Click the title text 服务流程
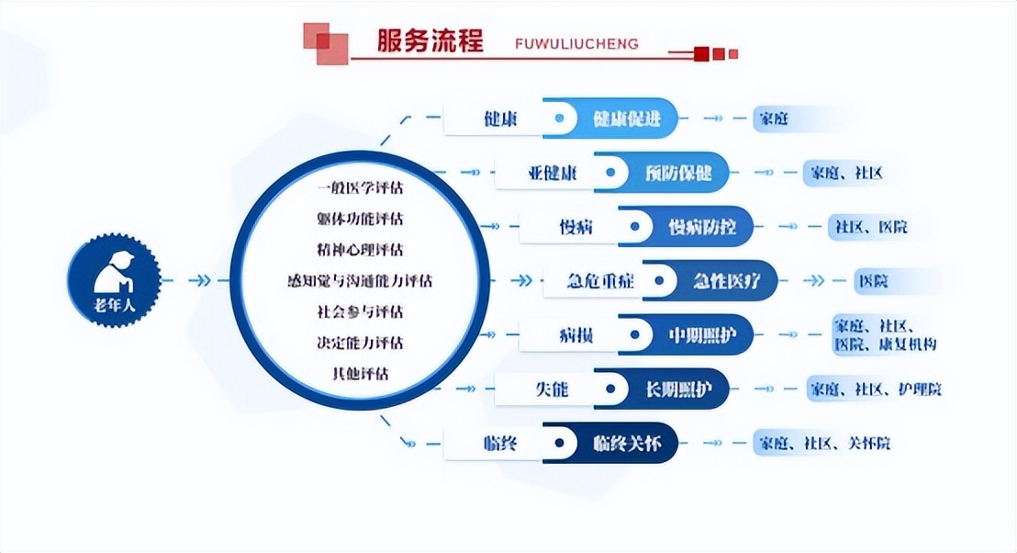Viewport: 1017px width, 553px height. tap(430, 41)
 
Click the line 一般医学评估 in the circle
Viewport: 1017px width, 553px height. tap(360, 188)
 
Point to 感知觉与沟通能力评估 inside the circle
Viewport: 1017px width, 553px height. tap(360, 281)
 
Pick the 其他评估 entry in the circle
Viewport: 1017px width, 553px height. tap(360, 374)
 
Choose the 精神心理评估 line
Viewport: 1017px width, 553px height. tap(360, 250)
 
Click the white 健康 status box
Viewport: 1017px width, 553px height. tap(500, 119)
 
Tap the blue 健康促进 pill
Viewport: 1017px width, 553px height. tap(627, 119)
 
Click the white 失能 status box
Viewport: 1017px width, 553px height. tap(551, 389)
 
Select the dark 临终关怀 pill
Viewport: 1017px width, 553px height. tap(627, 444)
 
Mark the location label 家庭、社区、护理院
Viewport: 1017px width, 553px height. tap(874, 389)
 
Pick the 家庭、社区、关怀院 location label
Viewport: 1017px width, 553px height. tap(822, 444)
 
